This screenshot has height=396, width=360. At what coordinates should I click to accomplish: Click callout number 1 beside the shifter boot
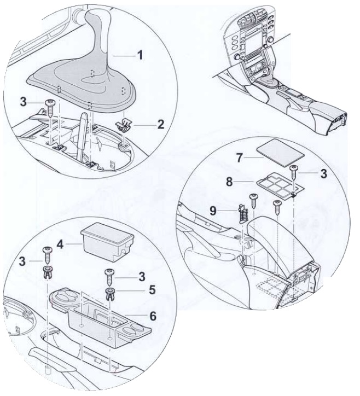click(140, 55)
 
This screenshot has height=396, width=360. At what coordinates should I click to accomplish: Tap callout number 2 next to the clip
click(160, 124)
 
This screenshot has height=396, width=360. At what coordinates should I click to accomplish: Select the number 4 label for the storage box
click(60, 244)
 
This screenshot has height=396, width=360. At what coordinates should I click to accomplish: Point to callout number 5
click(152, 290)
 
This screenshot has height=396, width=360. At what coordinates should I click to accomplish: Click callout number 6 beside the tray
click(153, 316)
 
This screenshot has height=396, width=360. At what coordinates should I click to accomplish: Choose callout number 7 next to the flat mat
click(240, 158)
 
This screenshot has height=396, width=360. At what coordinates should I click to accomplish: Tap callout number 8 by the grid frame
click(229, 182)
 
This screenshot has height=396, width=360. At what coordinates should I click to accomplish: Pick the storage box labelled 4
click(107, 241)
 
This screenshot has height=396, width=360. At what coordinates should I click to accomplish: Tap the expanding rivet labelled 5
click(109, 293)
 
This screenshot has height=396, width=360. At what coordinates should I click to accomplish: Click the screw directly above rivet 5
click(109, 277)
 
